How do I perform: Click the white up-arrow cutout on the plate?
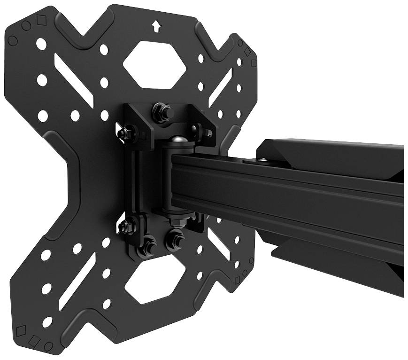pos(156,26)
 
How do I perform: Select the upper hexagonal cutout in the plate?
pos(154,64)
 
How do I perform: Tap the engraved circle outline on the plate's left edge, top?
pos(13,41)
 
